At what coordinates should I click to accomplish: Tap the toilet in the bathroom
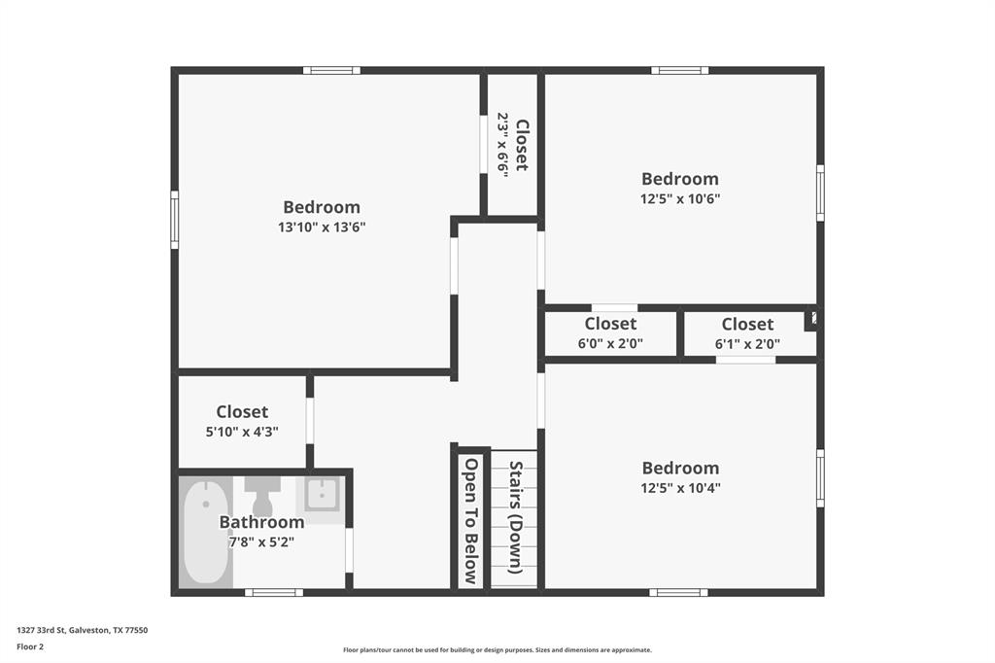(262, 496)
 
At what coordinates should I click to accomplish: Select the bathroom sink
(323, 496)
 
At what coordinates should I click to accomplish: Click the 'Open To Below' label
(470, 520)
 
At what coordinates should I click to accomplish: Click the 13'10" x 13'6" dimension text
(322, 227)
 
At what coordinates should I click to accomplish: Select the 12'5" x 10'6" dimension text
(680, 198)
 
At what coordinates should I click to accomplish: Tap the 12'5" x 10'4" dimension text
(680, 488)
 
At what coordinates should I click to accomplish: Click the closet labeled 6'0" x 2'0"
(610, 333)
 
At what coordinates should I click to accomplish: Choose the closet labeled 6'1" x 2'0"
(747, 333)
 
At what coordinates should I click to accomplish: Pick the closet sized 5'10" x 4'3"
(242, 421)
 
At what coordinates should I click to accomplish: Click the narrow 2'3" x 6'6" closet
(512, 145)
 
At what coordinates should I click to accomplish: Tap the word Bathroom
(261, 522)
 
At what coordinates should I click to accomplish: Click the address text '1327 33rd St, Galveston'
(82, 630)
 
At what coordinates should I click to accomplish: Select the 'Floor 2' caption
(30, 646)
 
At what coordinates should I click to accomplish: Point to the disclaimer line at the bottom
(497, 650)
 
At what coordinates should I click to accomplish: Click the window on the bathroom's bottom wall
(273, 592)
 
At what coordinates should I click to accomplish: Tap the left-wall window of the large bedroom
(175, 220)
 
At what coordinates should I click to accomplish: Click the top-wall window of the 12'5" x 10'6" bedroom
(679, 70)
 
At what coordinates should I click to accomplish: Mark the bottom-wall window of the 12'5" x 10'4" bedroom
(678, 592)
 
